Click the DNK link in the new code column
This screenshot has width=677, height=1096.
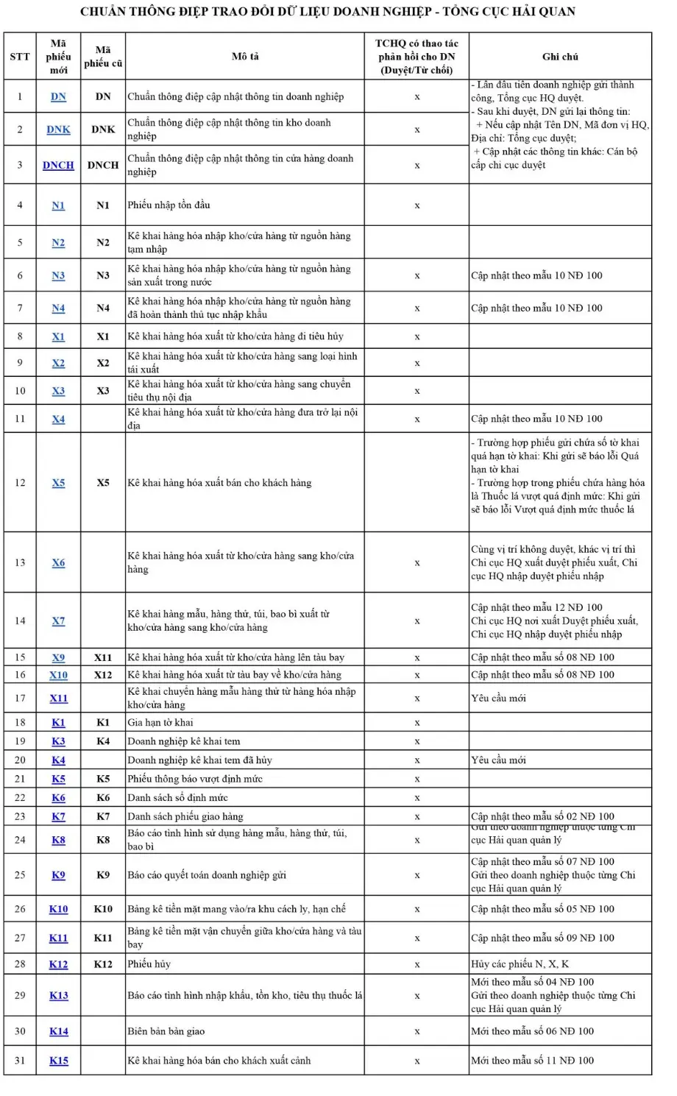click(x=58, y=130)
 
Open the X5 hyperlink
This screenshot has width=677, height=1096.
click(x=58, y=483)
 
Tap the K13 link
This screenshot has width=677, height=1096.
click(x=59, y=995)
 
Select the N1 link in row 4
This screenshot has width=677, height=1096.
click(x=58, y=205)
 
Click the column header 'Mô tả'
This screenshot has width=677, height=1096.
click(x=245, y=57)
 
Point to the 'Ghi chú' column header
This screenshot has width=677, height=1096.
click(x=560, y=57)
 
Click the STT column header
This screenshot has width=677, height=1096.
click(x=20, y=57)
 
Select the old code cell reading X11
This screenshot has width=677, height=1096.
click(x=103, y=657)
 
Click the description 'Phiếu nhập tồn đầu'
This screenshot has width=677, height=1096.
click(x=169, y=205)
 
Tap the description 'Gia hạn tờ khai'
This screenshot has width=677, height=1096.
click(x=160, y=723)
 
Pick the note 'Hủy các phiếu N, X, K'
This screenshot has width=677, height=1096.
click(x=520, y=964)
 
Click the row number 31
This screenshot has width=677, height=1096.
click(x=20, y=1061)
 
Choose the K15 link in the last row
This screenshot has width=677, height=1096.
click(x=59, y=1061)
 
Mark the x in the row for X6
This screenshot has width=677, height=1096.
click(x=417, y=563)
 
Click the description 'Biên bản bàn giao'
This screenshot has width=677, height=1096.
click(x=166, y=1031)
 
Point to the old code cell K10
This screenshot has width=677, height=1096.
click(x=103, y=909)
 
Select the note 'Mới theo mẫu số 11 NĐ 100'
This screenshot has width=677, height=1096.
click(x=532, y=1061)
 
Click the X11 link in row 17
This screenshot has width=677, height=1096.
click(x=59, y=699)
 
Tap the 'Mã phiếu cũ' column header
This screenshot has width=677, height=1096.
click(x=103, y=57)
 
